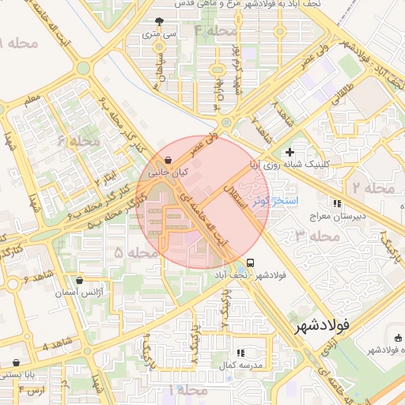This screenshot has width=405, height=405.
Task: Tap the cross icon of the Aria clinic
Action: (290, 152)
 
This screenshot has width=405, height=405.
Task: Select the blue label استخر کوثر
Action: (274, 201)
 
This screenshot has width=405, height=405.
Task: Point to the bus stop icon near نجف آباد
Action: (251, 263)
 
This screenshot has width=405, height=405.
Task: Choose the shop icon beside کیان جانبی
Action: (168, 160)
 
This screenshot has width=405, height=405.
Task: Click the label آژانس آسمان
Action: (79, 292)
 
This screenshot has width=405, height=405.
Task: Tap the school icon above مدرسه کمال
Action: (240, 353)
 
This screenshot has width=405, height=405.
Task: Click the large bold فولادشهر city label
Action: (324, 325)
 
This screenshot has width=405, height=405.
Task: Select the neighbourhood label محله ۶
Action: (79, 141)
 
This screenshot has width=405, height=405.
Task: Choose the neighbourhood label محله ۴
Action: (215, 31)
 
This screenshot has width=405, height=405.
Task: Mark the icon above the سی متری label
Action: (161, 21)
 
